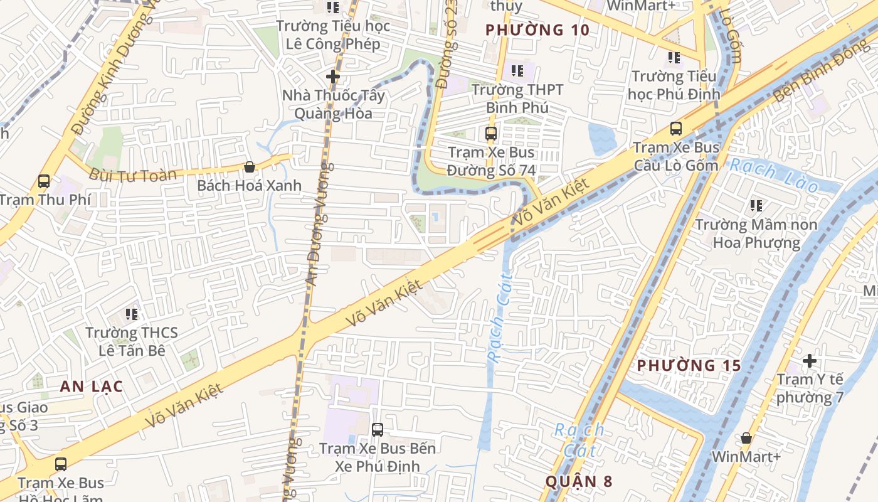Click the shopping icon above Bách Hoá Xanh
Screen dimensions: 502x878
coord(250,167)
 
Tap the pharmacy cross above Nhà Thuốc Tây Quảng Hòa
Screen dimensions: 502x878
coord(333,77)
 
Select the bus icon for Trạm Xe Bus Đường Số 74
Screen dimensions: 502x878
coord(491,133)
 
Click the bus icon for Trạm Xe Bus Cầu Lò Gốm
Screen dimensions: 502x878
coord(675,129)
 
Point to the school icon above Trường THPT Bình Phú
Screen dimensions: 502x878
coord(517,71)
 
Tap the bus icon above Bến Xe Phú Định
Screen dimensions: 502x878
coord(378,430)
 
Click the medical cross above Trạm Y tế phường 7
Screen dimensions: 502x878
coord(810,361)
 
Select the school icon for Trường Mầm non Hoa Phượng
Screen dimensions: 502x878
coord(756,205)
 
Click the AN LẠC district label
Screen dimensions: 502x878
coord(92,387)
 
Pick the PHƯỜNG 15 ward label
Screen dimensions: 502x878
coord(689,365)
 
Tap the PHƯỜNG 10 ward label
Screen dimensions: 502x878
coord(537,29)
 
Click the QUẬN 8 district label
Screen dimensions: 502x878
coord(579,481)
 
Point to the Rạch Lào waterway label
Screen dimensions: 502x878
coord(774,175)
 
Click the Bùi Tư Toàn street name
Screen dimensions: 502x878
coord(133,174)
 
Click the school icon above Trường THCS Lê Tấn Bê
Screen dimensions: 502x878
coord(131,314)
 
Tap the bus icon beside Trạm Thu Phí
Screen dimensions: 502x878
coord(43,181)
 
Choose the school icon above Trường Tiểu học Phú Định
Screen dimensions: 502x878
coord(674,58)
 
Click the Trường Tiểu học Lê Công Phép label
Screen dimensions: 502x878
coord(333,35)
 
